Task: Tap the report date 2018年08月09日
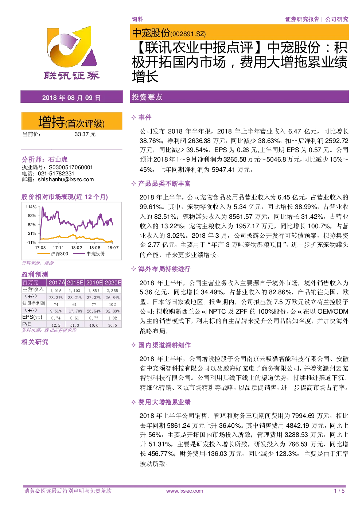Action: (71, 98)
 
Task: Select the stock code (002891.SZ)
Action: (188, 34)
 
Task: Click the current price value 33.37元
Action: (85, 134)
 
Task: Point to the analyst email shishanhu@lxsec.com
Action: (66, 179)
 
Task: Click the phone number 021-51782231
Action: (56, 174)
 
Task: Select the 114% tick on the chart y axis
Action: (31, 207)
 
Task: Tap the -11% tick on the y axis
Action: (31, 243)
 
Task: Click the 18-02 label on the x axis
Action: (77, 248)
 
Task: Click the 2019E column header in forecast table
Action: (94, 283)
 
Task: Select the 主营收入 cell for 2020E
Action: (112, 291)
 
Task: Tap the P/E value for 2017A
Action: (56, 325)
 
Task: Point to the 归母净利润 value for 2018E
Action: (74, 305)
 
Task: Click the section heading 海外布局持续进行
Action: (164, 269)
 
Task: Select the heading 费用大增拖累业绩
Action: (164, 402)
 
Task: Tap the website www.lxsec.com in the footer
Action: (185, 491)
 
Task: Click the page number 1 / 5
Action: (339, 491)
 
